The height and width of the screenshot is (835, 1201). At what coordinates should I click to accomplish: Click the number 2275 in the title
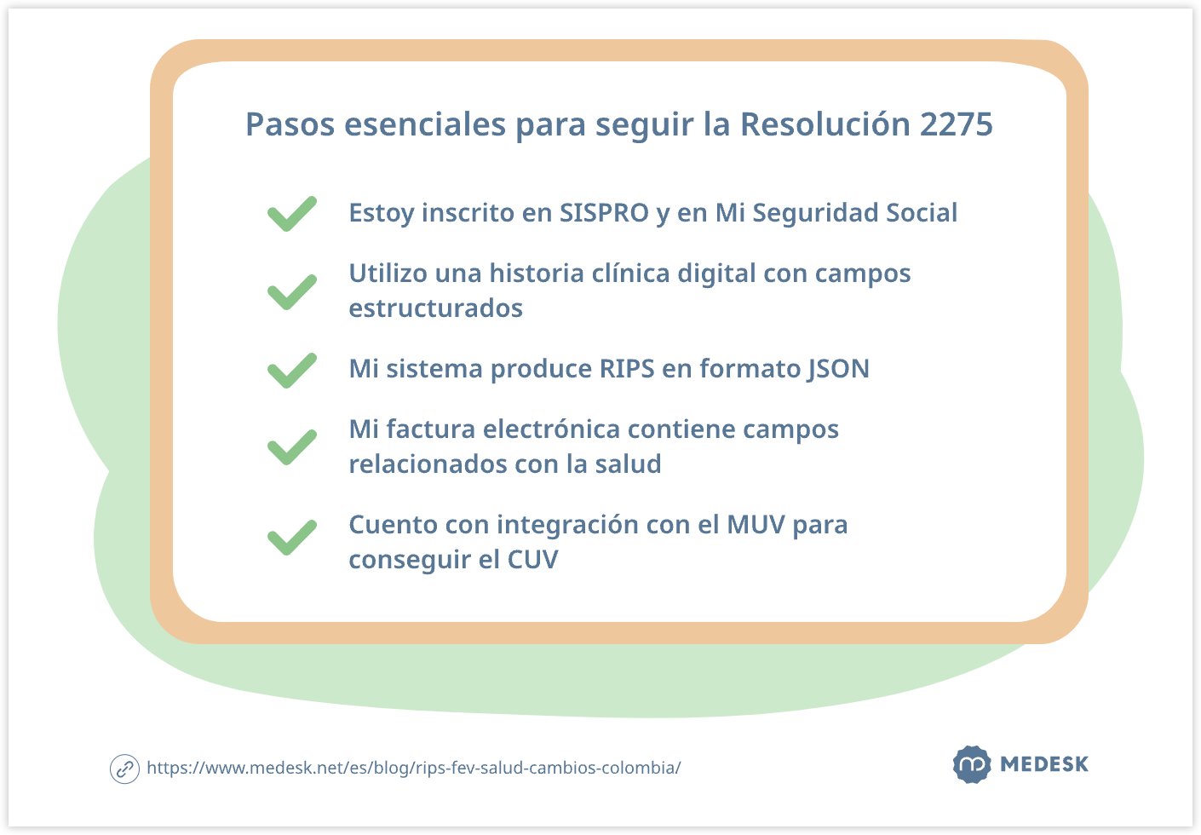(956, 124)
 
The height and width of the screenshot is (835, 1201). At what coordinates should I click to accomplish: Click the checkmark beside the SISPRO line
(291, 214)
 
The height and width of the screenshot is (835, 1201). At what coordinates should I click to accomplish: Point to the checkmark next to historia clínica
(291, 291)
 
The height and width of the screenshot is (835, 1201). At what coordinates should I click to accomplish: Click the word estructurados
(435, 308)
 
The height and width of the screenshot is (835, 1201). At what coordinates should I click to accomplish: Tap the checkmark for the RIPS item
(291, 370)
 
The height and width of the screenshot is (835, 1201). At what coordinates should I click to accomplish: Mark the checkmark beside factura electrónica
(291, 447)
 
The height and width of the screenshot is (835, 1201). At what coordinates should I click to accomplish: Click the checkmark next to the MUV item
(291, 538)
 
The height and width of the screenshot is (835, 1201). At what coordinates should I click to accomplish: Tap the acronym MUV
(756, 525)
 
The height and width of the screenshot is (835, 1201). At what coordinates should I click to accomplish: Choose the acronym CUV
(532, 560)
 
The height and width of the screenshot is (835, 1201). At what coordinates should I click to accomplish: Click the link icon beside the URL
(124, 769)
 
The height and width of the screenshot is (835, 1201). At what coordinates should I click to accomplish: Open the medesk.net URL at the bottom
(413, 768)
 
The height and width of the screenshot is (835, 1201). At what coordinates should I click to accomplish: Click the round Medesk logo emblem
(971, 764)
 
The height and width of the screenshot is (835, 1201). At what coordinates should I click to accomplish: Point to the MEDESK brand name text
(1044, 764)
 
